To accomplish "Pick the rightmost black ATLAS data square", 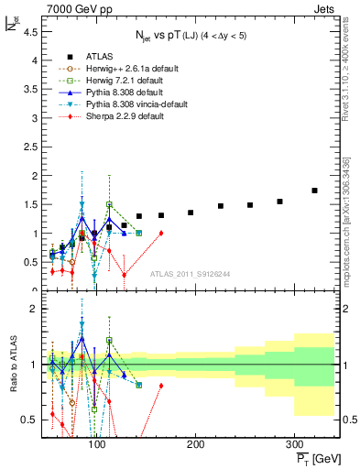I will tap(314, 191).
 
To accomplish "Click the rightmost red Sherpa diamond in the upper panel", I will tap(161, 233).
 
